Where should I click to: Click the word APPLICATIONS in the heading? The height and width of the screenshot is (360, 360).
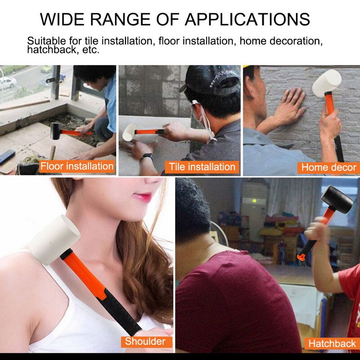pyautogui.click(x=247, y=19)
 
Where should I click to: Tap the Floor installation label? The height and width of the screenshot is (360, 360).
pyautogui.click(x=77, y=166)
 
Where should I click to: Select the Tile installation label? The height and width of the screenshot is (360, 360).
pyautogui.click(x=202, y=167)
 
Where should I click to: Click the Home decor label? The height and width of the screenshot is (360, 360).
pyautogui.click(x=328, y=167)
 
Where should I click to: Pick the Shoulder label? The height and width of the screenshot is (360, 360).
pyautogui.click(x=145, y=341)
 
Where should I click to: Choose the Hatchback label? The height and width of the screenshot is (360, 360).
pyautogui.click(x=332, y=344)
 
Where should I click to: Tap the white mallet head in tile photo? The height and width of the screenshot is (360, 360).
pyautogui.click(x=128, y=133)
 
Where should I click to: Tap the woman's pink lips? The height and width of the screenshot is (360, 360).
pyautogui.click(x=143, y=197)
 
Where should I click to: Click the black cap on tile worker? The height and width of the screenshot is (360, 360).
pyautogui.click(x=211, y=80)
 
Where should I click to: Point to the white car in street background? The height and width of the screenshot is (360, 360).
pyautogui.click(x=7, y=82)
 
